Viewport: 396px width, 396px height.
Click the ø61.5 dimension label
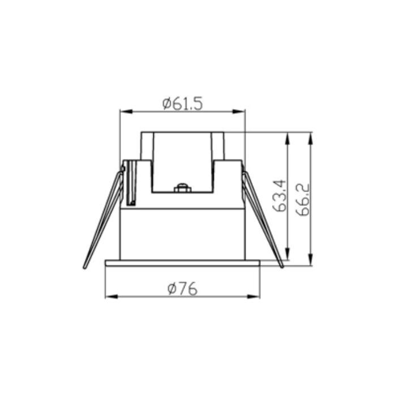[182, 104]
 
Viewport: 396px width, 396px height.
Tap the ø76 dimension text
[182, 289]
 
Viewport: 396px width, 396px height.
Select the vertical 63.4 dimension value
[279, 196]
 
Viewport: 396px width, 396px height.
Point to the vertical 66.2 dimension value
[303, 200]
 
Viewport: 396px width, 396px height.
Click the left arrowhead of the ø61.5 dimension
[126, 111]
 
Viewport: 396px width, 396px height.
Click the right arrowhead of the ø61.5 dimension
[239, 111]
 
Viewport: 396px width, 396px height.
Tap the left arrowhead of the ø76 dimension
[111, 296]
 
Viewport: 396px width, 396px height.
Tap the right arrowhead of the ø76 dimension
[253, 296]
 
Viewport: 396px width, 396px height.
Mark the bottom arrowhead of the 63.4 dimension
[287, 253]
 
